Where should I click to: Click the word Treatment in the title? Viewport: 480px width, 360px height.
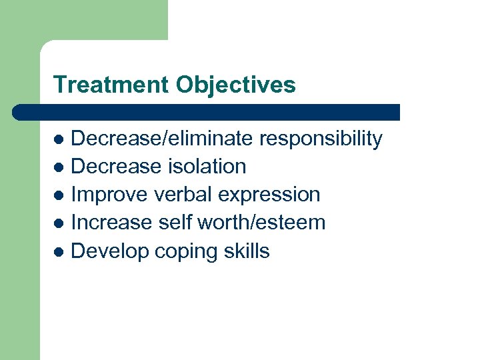coord(111,85)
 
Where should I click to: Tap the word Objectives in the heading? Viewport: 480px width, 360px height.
coord(235,85)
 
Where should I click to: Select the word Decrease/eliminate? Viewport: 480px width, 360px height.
coord(162,139)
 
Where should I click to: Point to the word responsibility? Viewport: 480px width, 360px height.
coord(321,139)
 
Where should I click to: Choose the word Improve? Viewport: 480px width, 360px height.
coord(109,195)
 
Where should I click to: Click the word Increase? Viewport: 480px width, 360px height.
coord(111,223)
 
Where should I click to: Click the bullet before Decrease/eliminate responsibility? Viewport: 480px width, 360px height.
coord(59,140)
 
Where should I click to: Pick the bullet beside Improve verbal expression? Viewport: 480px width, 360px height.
coord(59,196)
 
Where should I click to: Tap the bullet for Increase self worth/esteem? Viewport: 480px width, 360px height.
coord(59,224)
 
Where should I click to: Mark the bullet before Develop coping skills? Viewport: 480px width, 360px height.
coord(59,252)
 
